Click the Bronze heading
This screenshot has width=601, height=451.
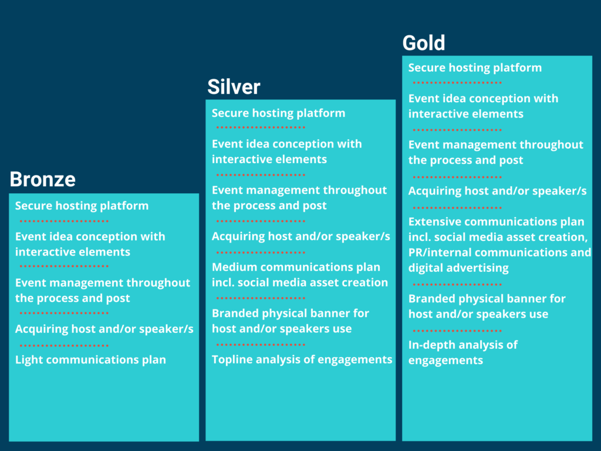(x=42, y=179)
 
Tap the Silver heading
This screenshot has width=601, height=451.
(x=234, y=87)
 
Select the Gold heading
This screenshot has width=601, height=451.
(x=424, y=42)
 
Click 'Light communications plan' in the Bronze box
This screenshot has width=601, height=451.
(x=90, y=360)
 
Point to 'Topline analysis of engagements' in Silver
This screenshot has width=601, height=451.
(x=302, y=359)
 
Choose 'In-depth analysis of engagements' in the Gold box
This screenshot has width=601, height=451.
(x=463, y=352)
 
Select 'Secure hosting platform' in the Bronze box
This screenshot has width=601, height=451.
(x=82, y=206)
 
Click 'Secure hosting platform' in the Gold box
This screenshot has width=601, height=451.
(x=475, y=68)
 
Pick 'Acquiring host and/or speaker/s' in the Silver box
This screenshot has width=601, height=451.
(x=301, y=236)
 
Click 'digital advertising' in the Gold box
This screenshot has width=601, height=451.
(x=458, y=268)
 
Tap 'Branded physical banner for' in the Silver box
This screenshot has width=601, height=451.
(x=291, y=314)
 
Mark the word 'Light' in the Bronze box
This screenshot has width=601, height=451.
(x=27, y=360)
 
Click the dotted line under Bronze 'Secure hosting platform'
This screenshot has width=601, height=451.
(x=64, y=221)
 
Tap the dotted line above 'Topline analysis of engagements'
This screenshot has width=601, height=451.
(x=261, y=344)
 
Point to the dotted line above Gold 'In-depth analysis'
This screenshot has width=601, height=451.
(x=457, y=331)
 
